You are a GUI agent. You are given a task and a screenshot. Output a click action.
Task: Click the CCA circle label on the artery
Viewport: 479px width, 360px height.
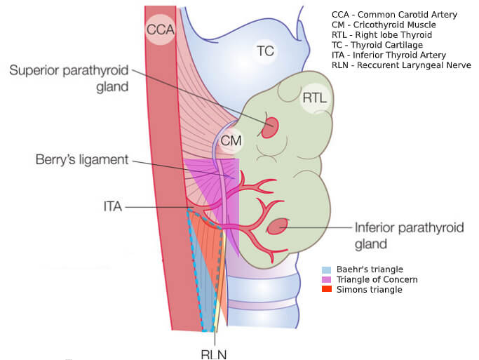(160, 29)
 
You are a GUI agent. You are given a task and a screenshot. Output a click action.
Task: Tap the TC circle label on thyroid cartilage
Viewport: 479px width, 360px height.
(265, 51)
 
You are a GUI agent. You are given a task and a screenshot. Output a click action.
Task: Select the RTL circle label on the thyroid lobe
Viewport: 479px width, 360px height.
(313, 99)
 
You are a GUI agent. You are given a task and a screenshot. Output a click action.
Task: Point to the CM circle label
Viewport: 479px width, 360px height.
(231, 141)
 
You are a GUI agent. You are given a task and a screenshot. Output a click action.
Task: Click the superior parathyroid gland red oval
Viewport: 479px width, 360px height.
(270, 128)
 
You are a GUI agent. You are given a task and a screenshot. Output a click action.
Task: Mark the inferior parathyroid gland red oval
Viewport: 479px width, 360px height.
(278, 227)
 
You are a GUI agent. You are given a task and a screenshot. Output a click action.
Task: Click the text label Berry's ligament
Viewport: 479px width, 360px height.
(82, 160)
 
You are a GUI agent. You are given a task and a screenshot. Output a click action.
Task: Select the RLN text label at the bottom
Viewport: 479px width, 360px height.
(213, 353)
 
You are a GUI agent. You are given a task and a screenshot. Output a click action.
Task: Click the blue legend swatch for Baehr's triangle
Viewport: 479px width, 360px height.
(325, 269)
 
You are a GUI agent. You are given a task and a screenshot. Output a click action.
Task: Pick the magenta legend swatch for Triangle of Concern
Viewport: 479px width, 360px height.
(325, 279)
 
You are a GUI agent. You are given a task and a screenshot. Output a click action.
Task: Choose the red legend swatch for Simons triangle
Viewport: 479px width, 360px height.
(325, 289)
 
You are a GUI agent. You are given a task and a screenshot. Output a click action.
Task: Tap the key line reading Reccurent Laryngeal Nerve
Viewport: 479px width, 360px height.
(401, 65)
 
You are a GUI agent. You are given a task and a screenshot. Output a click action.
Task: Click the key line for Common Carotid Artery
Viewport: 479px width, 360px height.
(394, 15)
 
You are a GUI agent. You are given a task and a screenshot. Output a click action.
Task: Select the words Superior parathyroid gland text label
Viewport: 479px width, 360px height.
(69, 78)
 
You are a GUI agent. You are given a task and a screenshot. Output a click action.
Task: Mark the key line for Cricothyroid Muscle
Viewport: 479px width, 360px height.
(384, 25)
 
